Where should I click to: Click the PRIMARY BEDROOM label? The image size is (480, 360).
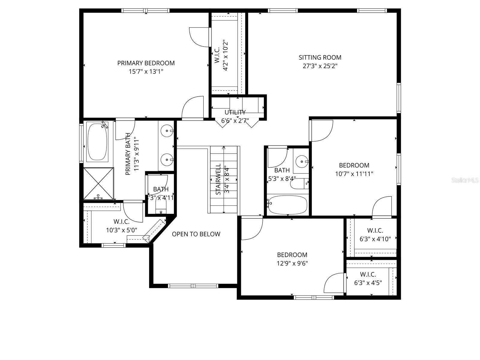[146, 63]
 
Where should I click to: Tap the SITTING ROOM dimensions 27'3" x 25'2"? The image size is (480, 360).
[320, 66]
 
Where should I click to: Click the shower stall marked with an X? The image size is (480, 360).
[99, 183]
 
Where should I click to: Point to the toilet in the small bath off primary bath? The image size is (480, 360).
[161, 207]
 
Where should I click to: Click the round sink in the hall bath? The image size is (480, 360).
[301, 162]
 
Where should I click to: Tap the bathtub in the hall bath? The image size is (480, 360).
[287, 205]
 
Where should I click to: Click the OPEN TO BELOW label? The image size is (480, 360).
[196, 234]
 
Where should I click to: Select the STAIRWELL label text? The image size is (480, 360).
[218, 179]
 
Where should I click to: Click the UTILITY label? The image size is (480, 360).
[235, 112]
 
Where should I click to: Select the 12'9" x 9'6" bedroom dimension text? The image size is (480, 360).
[292, 263]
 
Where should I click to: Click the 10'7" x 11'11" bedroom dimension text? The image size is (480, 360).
[354, 174]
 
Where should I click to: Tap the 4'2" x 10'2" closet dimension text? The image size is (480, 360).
[226, 55]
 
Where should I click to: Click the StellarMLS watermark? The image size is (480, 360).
[465, 180]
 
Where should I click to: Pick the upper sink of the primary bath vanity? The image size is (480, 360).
[166, 130]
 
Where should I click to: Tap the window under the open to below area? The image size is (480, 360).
[193, 286]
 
